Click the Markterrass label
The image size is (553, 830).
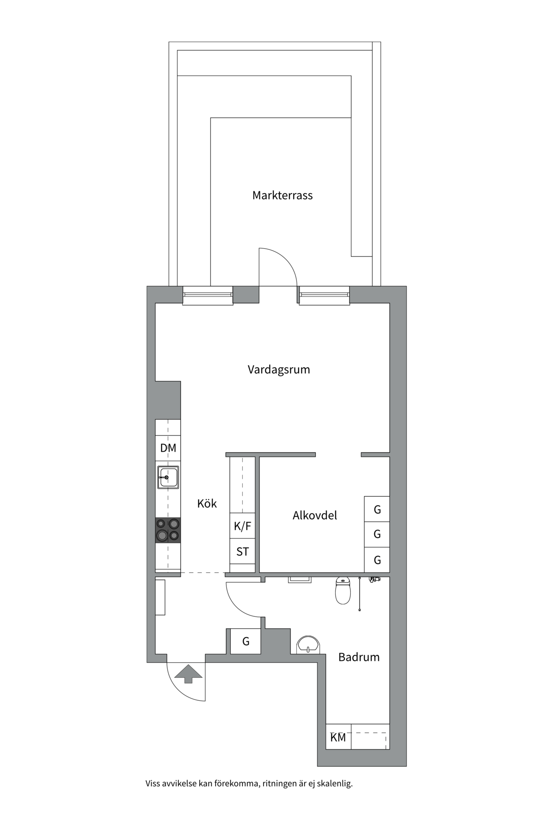pyautogui.click(x=283, y=195)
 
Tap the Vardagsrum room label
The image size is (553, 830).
pyautogui.click(x=279, y=370)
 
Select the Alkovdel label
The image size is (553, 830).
pyautogui.click(x=315, y=515)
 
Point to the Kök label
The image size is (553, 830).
pyautogui.click(x=207, y=503)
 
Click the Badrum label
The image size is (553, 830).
pyautogui.click(x=359, y=657)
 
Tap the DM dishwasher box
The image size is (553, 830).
pyautogui.click(x=168, y=448)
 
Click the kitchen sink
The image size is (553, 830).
pyautogui.click(x=168, y=477)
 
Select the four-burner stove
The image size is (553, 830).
pyautogui.click(x=168, y=530)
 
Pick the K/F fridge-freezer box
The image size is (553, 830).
pyautogui.click(x=242, y=526)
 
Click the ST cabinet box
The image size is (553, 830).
pyautogui.click(x=242, y=551)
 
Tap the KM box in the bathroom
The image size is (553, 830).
pyautogui.click(x=338, y=737)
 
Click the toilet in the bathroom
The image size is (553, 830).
pyautogui.click(x=343, y=591)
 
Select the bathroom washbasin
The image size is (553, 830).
pyautogui.click(x=308, y=645)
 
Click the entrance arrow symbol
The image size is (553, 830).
pyautogui.click(x=188, y=674)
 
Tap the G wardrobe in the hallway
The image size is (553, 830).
pyautogui.click(x=245, y=641)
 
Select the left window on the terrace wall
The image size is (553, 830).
pyautogui.click(x=208, y=296)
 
